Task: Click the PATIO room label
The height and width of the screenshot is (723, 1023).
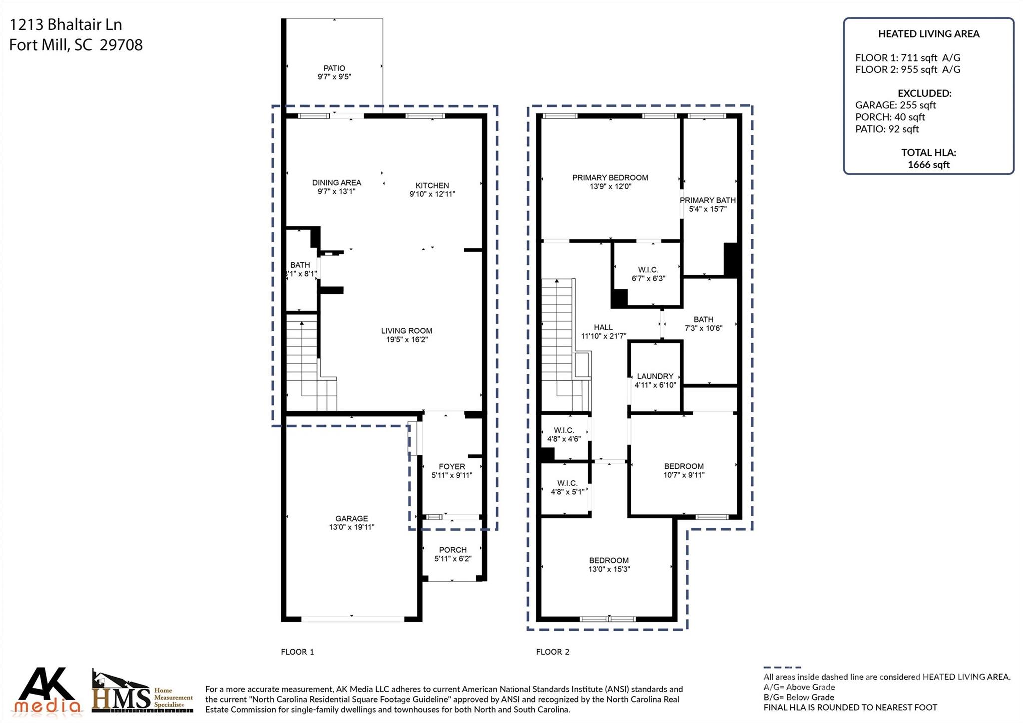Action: point(334,68)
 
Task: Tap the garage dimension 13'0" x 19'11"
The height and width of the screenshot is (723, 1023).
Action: point(351,527)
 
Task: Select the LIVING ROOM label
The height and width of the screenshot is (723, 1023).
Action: point(406,331)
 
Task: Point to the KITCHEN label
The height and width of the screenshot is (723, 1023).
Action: point(432,185)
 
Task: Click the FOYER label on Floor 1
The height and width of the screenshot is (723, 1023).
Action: point(452,466)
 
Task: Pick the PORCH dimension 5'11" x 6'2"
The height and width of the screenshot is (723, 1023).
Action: point(453,559)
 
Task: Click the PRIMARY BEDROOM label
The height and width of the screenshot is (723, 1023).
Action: point(610,178)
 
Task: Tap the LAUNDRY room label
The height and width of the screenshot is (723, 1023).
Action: point(655,376)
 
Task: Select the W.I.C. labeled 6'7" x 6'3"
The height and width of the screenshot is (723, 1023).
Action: point(648,274)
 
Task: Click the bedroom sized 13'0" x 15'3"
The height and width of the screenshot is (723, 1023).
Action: point(609,565)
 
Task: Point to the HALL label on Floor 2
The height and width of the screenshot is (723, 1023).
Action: point(603,328)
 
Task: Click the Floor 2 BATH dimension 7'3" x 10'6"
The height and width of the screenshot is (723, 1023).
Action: point(703,328)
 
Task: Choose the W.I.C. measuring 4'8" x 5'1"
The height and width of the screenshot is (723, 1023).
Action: point(567,487)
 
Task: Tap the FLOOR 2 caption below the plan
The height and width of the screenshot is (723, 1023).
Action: point(552,652)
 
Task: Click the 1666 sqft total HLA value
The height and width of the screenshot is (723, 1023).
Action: point(928,165)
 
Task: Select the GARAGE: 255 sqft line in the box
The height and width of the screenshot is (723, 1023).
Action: point(895,105)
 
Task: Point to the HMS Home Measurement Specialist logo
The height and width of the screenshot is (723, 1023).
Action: point(142,692)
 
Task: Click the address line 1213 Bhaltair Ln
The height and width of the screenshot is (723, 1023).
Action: point(66,24)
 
